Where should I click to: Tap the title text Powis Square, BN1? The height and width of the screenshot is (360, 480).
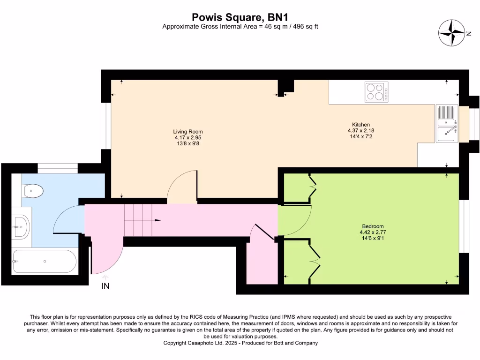[x=240, y=17]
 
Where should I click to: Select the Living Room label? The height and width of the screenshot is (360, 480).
[x=188, y=132]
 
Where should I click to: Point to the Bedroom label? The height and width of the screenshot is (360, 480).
[x=373, y=226]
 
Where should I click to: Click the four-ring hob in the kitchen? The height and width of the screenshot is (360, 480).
[x=376, y=92]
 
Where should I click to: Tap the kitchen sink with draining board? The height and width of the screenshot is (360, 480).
[x=447, y=123]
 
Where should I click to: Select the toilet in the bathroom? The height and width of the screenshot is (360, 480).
[x=33, y=191]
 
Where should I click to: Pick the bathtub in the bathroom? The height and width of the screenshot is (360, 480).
[x=44, y=261]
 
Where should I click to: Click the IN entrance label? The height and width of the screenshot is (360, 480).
[x=105, y=286]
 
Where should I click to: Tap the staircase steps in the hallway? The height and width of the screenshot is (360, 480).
[x=142, y=220]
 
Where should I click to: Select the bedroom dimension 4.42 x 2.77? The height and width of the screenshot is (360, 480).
[x=373, y=232]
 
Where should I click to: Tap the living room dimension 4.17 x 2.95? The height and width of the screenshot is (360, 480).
[x=188, y=138]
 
